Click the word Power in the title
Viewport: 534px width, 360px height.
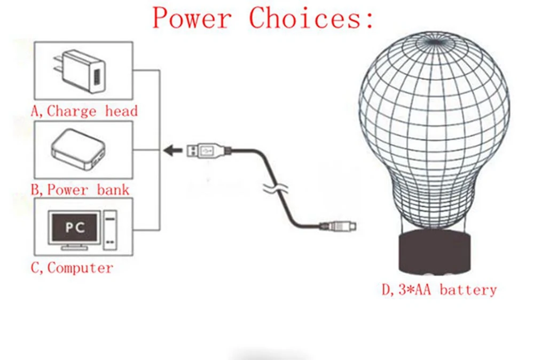click(x=192, y=18)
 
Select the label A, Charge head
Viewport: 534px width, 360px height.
click(x=84, y=111)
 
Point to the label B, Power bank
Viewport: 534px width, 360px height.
click(x=80, y=189)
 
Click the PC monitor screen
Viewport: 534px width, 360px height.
click(x=74, y=227)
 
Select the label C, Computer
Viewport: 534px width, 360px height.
click(x=72, y=268)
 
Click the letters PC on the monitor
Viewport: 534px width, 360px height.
click(x=75, y=227)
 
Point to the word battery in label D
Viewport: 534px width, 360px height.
click(x=469, y=290)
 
